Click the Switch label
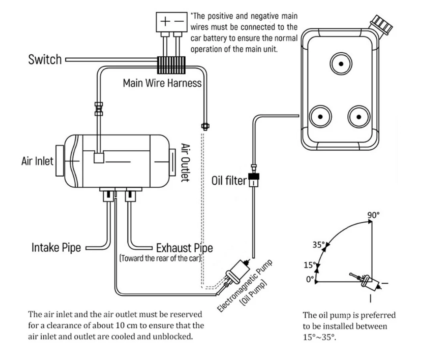[45, 60]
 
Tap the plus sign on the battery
[165, 22]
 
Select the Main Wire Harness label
[162, 83]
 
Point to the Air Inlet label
[37, 161]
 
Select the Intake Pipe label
[56, 248]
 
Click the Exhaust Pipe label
[185, 248]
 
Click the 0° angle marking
[310, 280]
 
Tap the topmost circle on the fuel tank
[341, 63]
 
